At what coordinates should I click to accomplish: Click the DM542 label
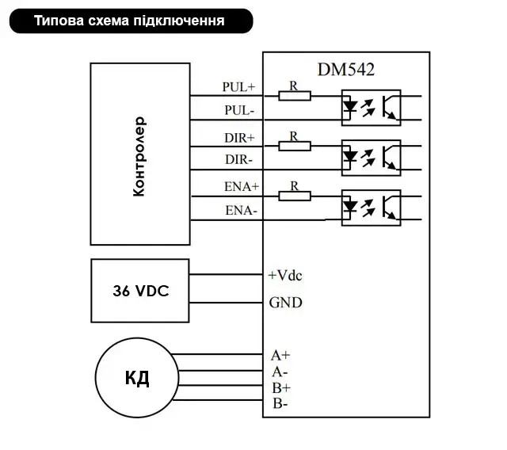[346, 70]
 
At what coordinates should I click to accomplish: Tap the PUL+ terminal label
[238, 86]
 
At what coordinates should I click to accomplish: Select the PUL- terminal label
[239, 110]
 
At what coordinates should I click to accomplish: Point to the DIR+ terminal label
[239, 138]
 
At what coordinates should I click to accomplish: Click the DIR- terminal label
[238, 160]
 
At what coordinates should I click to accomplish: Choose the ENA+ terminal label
[242, 186]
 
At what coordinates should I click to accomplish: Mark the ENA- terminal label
[241, 211]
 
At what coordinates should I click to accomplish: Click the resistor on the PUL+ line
[295, 96]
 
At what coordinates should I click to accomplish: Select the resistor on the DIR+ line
[295, 146]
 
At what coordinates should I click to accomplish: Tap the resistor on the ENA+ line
[295, 196]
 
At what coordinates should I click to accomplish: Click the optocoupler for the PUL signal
[372, 108]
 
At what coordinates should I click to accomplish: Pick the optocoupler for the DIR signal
[372, 158]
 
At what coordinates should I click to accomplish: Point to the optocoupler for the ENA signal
[372, 208]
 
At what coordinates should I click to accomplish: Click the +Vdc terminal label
[285, 276]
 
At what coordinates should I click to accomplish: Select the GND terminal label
[285, 303]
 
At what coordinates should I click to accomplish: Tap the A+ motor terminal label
[280, 355]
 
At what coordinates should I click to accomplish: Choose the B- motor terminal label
[280, 403]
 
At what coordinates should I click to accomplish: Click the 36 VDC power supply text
[141, 291]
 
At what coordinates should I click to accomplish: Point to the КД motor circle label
[137, 378]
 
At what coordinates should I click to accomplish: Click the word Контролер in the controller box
[139, 156]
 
